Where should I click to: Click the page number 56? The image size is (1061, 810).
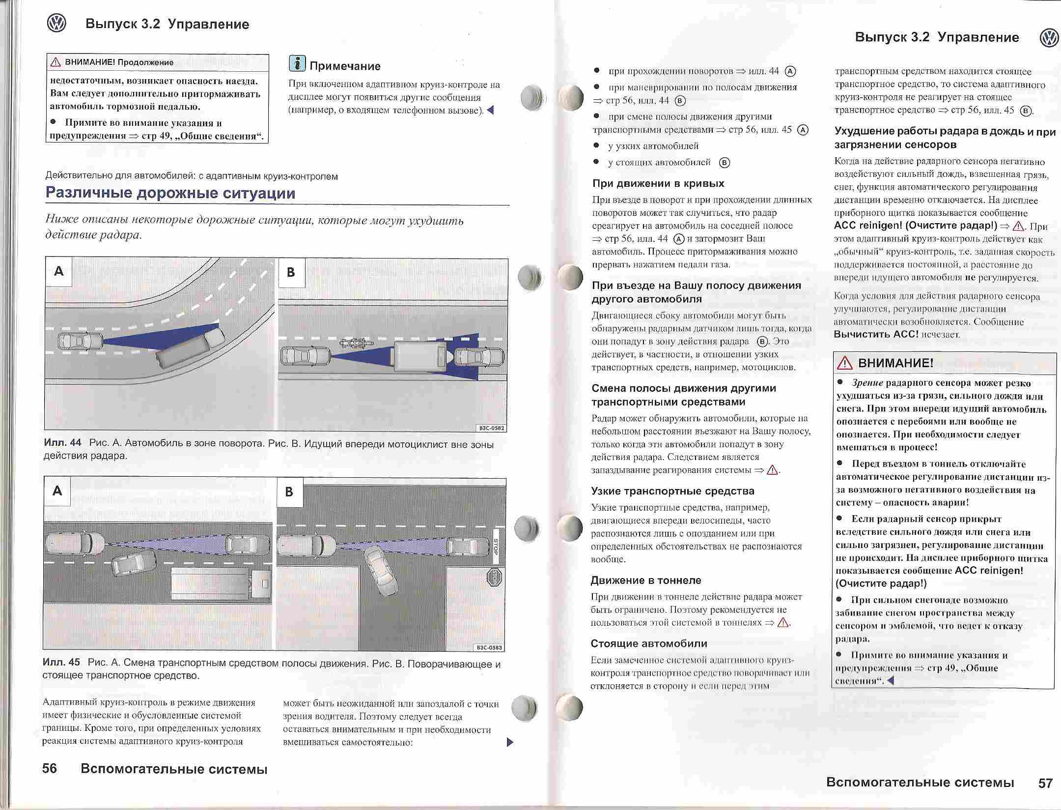(50, 769)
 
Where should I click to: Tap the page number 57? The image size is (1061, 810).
(1045, 782)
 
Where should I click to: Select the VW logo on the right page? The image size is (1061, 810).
(1049, 38)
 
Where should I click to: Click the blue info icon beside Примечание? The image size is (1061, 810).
(297, 64)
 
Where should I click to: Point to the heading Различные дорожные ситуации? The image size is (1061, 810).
(170, 193)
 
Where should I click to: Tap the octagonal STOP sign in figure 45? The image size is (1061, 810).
(494, 577)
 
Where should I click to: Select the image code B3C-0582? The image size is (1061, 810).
(491, 428)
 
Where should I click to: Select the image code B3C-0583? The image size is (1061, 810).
(489, 647)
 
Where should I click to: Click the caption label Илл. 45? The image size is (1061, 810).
(61, 663)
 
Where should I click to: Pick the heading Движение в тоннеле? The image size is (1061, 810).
(645, 580)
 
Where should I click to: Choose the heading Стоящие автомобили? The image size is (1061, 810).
(648, 643)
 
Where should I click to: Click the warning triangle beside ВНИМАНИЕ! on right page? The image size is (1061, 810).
(845, 364)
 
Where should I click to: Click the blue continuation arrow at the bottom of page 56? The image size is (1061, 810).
(509, 742)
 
